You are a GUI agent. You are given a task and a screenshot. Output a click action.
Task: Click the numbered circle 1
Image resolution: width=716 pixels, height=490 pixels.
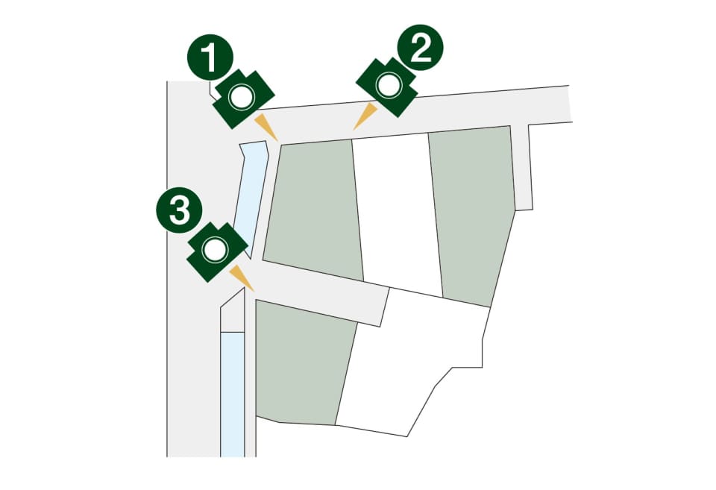coord(210,57)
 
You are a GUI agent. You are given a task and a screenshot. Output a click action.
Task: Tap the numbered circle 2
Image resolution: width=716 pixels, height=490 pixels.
coord(420,48)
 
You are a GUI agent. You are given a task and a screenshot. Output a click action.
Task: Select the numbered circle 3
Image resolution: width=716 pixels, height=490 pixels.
coord(179,210)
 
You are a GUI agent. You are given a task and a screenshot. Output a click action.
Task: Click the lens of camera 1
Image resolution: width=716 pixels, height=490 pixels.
coord(242,97)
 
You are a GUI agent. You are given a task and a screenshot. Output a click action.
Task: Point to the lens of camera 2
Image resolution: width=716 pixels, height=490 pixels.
coord(389,86)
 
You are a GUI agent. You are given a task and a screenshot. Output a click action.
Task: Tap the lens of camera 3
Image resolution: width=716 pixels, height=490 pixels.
coord(215,250)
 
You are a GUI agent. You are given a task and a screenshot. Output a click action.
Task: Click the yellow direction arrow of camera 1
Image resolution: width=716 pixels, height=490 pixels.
coord(266,127)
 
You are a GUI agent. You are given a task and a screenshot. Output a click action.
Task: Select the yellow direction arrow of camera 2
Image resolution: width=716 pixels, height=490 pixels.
coord(365,116)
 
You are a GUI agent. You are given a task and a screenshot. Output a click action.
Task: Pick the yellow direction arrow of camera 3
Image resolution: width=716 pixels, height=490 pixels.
coord(242,277)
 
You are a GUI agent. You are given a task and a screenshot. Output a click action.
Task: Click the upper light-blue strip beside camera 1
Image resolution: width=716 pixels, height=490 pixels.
coord(251,196)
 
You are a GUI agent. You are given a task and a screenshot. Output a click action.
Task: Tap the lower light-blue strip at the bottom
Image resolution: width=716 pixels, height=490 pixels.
coord(233,394)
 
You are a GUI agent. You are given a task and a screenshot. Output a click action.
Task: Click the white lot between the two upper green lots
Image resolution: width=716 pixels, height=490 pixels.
coord(396,213)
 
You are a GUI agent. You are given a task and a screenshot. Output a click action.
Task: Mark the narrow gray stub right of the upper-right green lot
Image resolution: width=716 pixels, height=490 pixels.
coord(521,167)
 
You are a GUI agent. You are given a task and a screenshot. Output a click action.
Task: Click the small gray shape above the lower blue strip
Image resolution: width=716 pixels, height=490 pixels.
coord(233,310)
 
